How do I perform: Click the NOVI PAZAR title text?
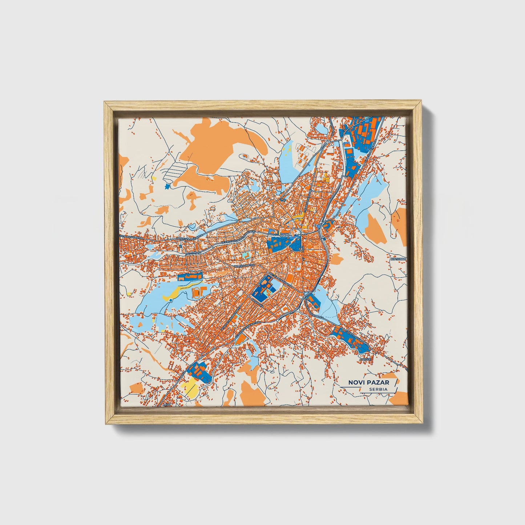(368, 383)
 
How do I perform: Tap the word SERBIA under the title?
(378, 389)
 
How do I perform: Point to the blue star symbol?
(167, 186)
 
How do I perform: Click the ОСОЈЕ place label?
(366, 359)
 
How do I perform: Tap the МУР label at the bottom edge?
(167, 404)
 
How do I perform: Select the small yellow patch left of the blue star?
(154, 178)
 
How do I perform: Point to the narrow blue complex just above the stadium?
(190, 277)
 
